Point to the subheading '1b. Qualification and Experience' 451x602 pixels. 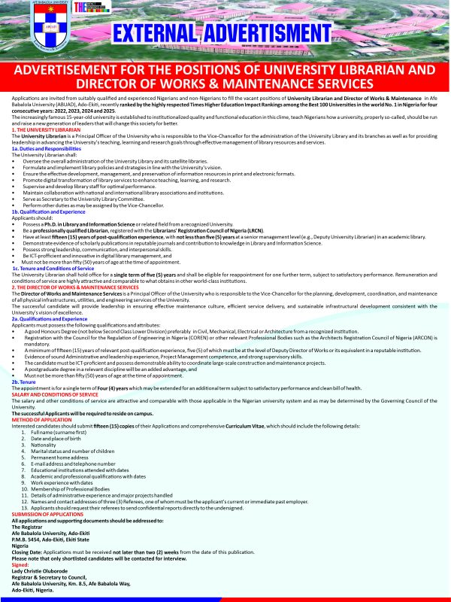point(48,212)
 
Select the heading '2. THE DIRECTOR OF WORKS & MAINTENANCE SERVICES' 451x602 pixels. point(75,287)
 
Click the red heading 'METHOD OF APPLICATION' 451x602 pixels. point(41,420)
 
